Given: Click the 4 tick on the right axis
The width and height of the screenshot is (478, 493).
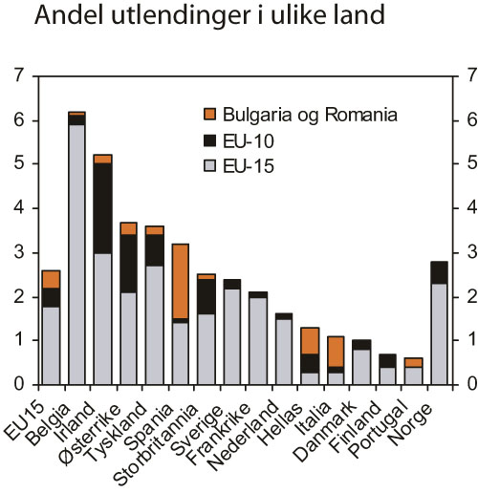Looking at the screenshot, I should coord(465,208).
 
